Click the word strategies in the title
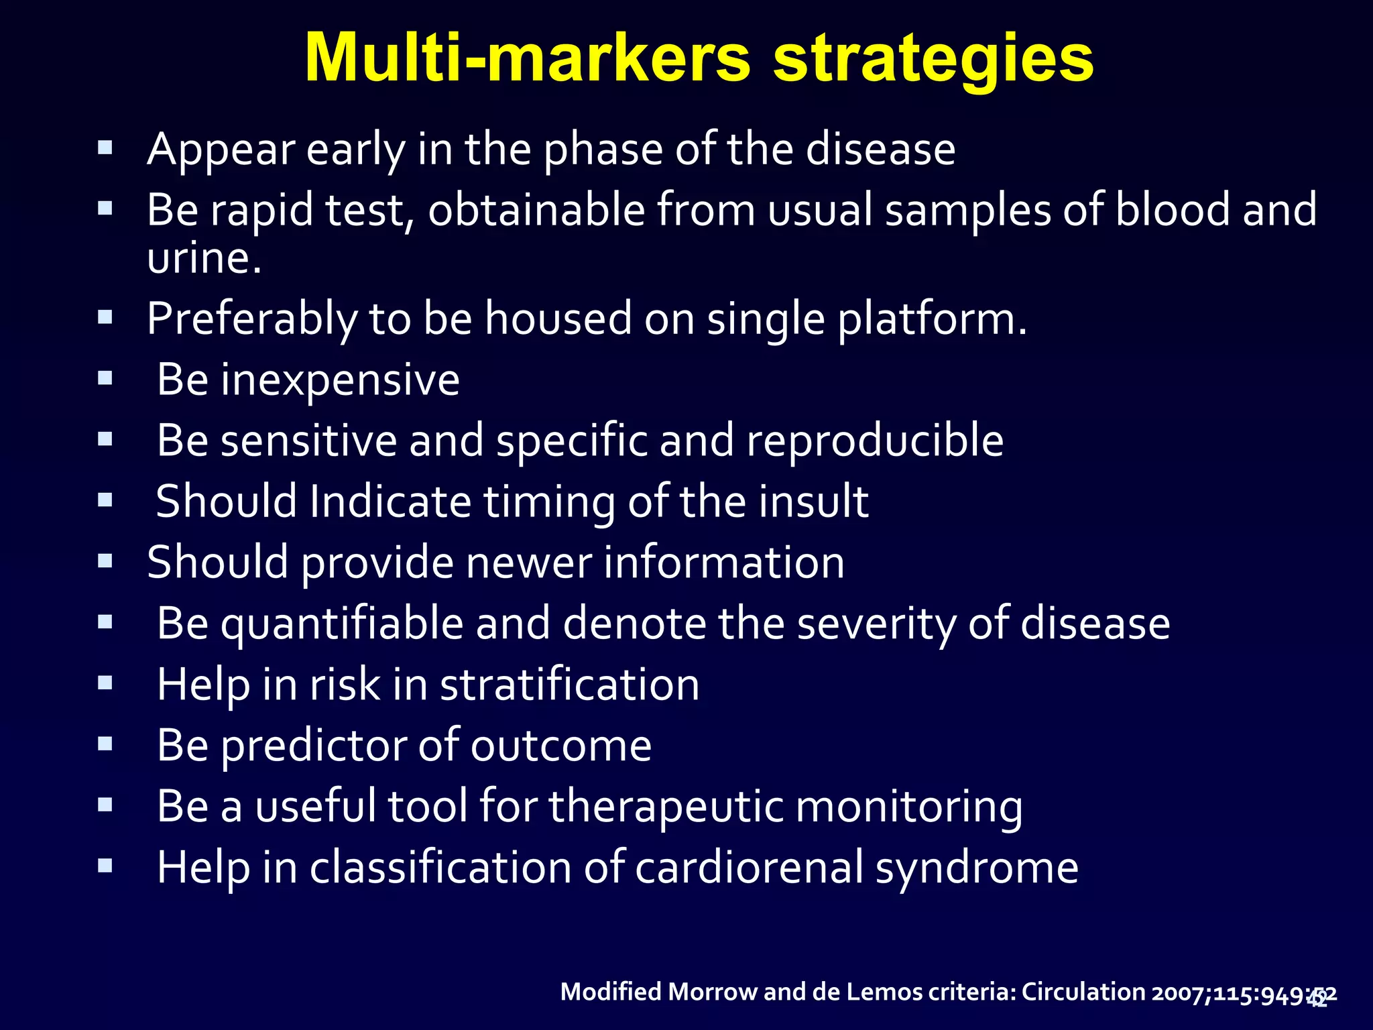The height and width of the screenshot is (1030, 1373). tap(933, 59)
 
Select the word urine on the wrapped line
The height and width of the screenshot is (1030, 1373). tap(199, 259)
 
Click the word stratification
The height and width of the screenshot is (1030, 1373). tap(569, 685)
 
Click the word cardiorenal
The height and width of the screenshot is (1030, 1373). tap(748, 868)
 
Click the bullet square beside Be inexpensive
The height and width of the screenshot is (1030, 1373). tap(105, 378)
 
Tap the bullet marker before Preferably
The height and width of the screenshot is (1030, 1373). tap(105, 317)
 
